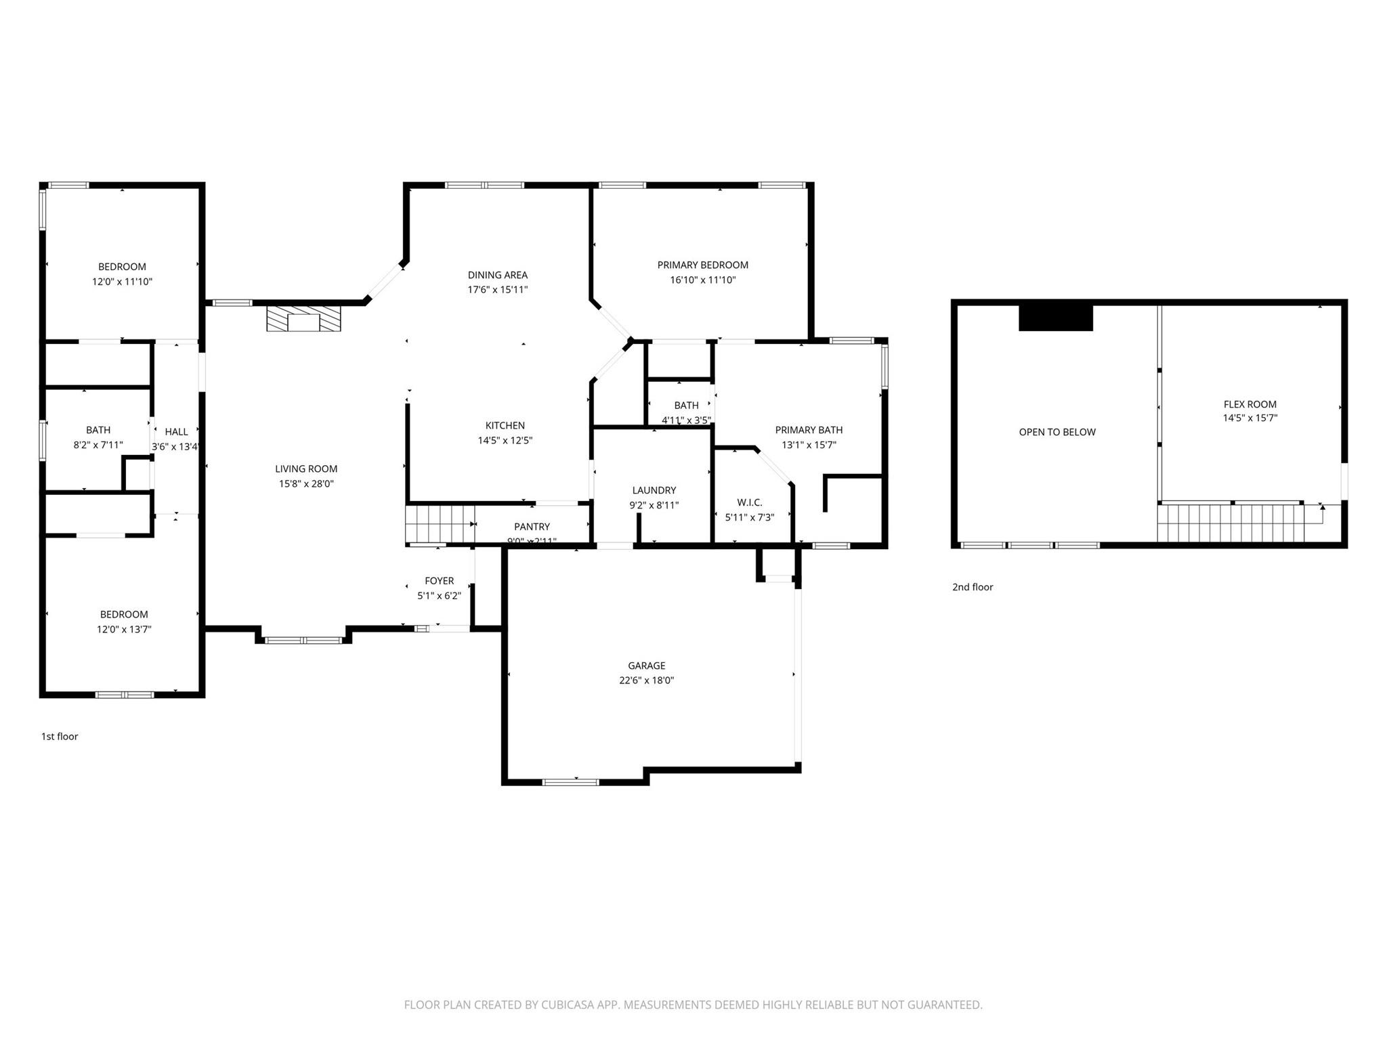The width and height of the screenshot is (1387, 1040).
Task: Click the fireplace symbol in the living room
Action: click(303, 320)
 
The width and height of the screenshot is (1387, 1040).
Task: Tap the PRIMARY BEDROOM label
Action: click(702, 265)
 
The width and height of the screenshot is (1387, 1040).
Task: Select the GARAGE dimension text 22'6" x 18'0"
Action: click(646, 680)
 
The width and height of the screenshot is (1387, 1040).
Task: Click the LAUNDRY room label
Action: click(654, 490)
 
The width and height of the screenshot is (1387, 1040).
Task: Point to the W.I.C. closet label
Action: click(749, 502)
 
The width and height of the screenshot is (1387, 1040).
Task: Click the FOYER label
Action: click(439, 581)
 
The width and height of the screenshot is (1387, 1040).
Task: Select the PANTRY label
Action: click(532, 527)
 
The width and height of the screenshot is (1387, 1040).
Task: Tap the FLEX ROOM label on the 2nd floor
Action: click(1250, 404)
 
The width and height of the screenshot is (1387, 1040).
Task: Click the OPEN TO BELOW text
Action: click(1057, 432)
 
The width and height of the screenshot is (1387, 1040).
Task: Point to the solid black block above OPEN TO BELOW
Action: click(1055, 318)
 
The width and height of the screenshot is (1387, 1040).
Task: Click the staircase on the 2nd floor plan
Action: click(1230, 523)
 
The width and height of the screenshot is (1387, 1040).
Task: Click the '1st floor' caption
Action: click(60, 737)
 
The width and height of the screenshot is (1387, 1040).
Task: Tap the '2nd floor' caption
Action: click(973, 587)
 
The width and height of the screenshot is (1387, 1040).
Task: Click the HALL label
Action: click(176, 432)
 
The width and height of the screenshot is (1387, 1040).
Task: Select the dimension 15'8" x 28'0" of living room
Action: click(306, 484)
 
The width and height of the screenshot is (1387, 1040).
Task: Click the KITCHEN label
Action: click(505, 426)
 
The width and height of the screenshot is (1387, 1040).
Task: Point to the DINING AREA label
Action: click(497, 275)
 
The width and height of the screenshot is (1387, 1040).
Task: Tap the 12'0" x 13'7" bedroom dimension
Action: click(123, 630)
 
